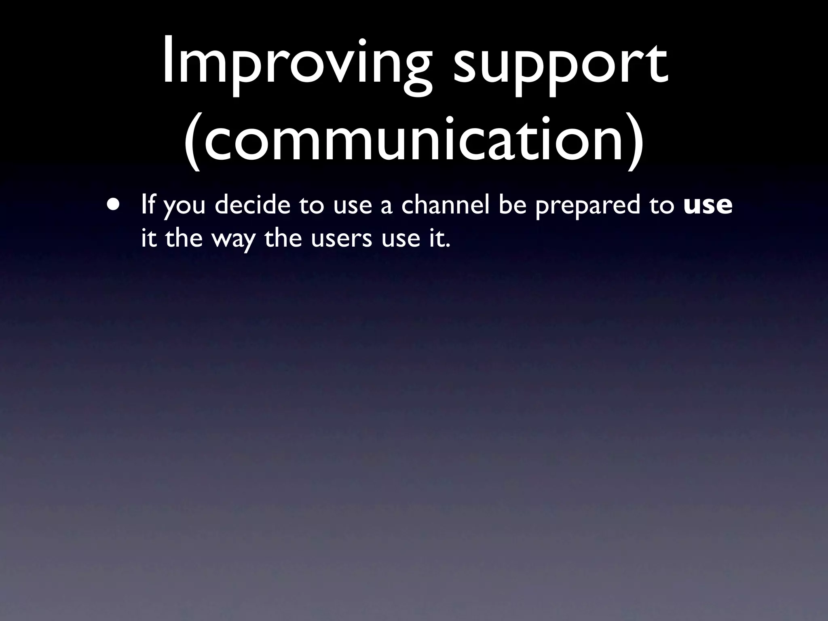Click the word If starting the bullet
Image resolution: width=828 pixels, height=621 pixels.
pos(148,205)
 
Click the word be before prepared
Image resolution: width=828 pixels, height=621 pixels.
pos(512,205)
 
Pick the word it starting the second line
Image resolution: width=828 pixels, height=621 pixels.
pos(148,238)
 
